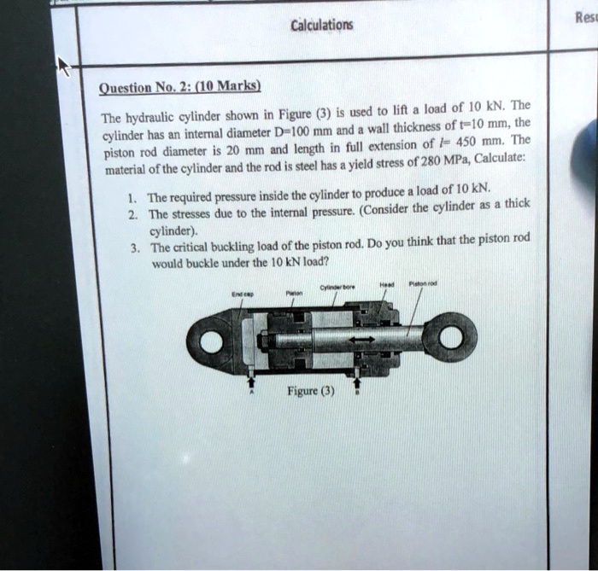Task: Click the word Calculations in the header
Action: [321, 25]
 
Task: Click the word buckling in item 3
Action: [221, 248]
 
